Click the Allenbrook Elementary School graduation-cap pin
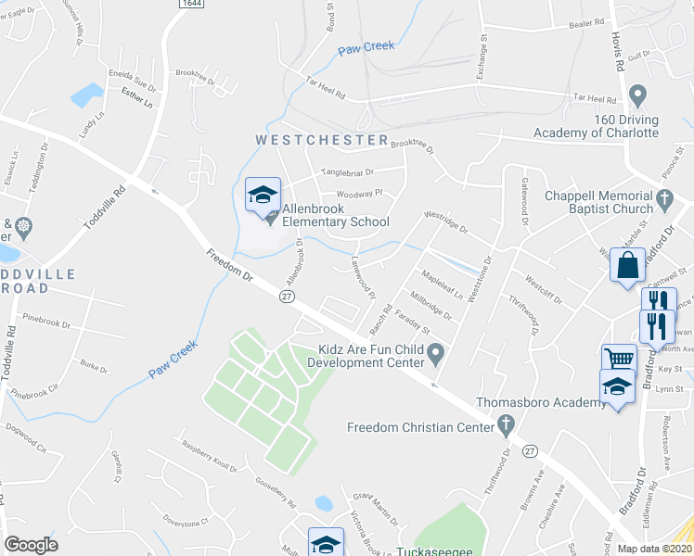(263, 196)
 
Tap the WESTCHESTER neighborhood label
(322, 140)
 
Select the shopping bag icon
(627, 264)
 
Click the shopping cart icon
(619, 359)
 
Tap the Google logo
(31, 544)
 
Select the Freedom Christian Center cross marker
(505, 427)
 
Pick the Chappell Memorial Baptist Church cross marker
(664, 196)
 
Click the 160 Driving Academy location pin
(636, 95)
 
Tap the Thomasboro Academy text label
(528, 403)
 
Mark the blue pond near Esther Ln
(87, 94)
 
